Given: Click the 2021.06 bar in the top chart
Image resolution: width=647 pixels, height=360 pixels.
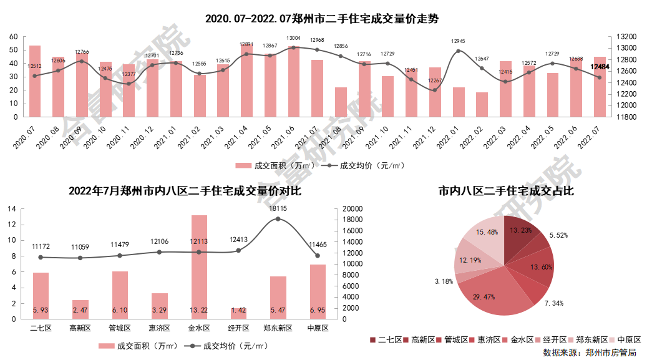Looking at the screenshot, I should point(294,82).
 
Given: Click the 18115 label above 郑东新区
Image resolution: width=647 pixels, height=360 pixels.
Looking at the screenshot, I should point(278,209).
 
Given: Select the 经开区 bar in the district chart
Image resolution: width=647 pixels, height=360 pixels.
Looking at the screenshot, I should point(238,313).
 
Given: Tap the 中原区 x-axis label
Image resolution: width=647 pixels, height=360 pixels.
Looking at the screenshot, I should point(317,328).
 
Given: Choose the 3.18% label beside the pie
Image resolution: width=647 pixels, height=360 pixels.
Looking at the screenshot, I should point(444,281).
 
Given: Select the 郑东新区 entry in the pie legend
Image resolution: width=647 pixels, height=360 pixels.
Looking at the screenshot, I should point(586,340).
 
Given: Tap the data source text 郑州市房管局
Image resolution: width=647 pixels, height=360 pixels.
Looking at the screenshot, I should point(611,353).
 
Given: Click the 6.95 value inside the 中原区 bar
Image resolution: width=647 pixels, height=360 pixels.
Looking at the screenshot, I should point(318,310).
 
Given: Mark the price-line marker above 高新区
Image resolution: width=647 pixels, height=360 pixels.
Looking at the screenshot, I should point(80,258).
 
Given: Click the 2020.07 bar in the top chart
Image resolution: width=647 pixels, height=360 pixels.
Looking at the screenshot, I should point(35,81).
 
